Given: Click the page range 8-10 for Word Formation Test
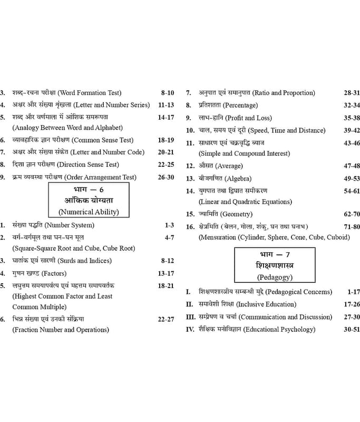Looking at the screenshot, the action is click(168, 93).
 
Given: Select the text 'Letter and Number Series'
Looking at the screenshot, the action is click(111, 105).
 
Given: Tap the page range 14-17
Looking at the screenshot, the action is click(166, 117).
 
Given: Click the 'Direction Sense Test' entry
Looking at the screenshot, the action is click(88, 165).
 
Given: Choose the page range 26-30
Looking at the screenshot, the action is click(166, 177).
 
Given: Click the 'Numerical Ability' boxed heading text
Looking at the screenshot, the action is click(89, 212).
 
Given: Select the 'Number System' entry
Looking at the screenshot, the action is click(70, 225).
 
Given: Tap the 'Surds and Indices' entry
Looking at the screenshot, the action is click(85, 261).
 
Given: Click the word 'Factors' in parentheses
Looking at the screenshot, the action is click(54, 273).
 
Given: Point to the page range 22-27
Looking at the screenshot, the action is click(166, 319).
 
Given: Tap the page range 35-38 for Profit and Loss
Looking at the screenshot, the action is click(352, 118).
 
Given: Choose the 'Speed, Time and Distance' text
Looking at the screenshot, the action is click(287, 130).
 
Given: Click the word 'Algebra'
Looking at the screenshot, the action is click(238, 179).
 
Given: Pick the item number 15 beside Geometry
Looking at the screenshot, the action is click(190, 214).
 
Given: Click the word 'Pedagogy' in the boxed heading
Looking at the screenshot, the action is click(275, 277).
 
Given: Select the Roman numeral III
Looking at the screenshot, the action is click(191, 317).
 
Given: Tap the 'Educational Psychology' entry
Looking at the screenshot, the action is click(279, 329).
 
